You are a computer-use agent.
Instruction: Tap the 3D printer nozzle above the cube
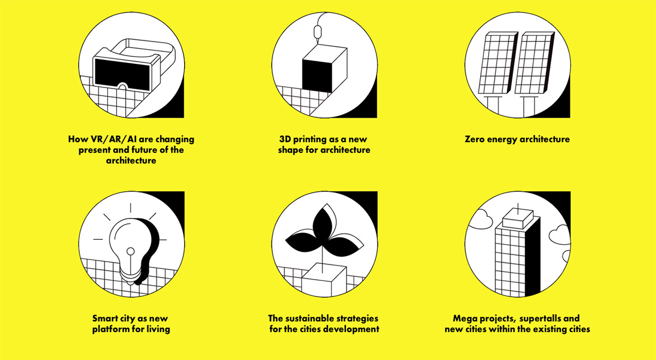[x=318, y=32]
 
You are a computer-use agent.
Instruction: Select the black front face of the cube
[x=317, y=75]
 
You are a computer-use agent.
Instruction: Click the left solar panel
[x=498, y=63]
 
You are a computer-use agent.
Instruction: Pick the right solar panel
[x=535, y=63]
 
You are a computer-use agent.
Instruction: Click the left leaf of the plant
[x=302, y=242]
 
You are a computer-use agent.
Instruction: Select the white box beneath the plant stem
[x=324, y=280]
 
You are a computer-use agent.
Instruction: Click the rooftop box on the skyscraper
[x=518, y=219]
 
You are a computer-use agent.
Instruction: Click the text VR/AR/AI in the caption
[x=116, y=139]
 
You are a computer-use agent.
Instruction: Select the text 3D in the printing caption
[x=285, y=139]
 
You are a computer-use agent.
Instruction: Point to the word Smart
[x=106, y=318]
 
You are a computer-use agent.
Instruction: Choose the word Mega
[x=464, y=318]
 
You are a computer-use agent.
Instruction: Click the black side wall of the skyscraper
[x=532, y=257]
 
